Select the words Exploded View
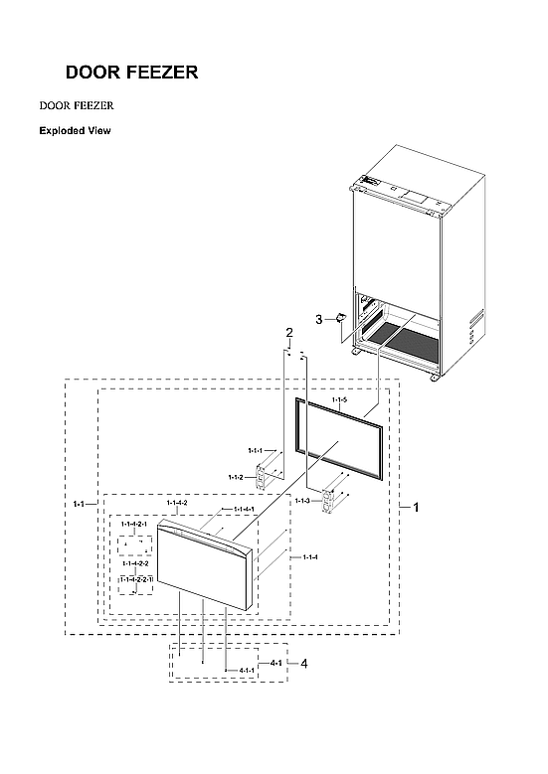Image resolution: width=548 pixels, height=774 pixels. [x=75, y=131]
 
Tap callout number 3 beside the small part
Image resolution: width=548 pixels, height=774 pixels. [x=318, y=320]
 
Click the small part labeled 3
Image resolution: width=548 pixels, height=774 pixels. [x=339, y=319]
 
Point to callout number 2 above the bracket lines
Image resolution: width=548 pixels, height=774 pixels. [x=289, y=332]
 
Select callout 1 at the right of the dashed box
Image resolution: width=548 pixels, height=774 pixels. [x=416, y=507]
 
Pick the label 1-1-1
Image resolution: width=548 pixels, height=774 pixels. [x=256, y=450]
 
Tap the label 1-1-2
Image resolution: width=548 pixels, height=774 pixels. [x=235, y=478]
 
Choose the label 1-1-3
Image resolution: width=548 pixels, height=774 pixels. [x=303, y=502]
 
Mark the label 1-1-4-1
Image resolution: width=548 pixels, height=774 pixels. [x=244, y=510]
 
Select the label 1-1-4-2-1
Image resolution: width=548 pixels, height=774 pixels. [x=134, y=524]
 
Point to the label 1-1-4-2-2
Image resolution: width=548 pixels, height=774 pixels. [x=135, y=563]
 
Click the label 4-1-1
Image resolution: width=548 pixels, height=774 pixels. [x=246, y=671]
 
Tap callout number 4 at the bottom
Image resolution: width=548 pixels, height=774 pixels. [x=303, y=663]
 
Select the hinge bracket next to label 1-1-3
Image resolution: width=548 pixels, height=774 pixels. [x=327, y=502]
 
